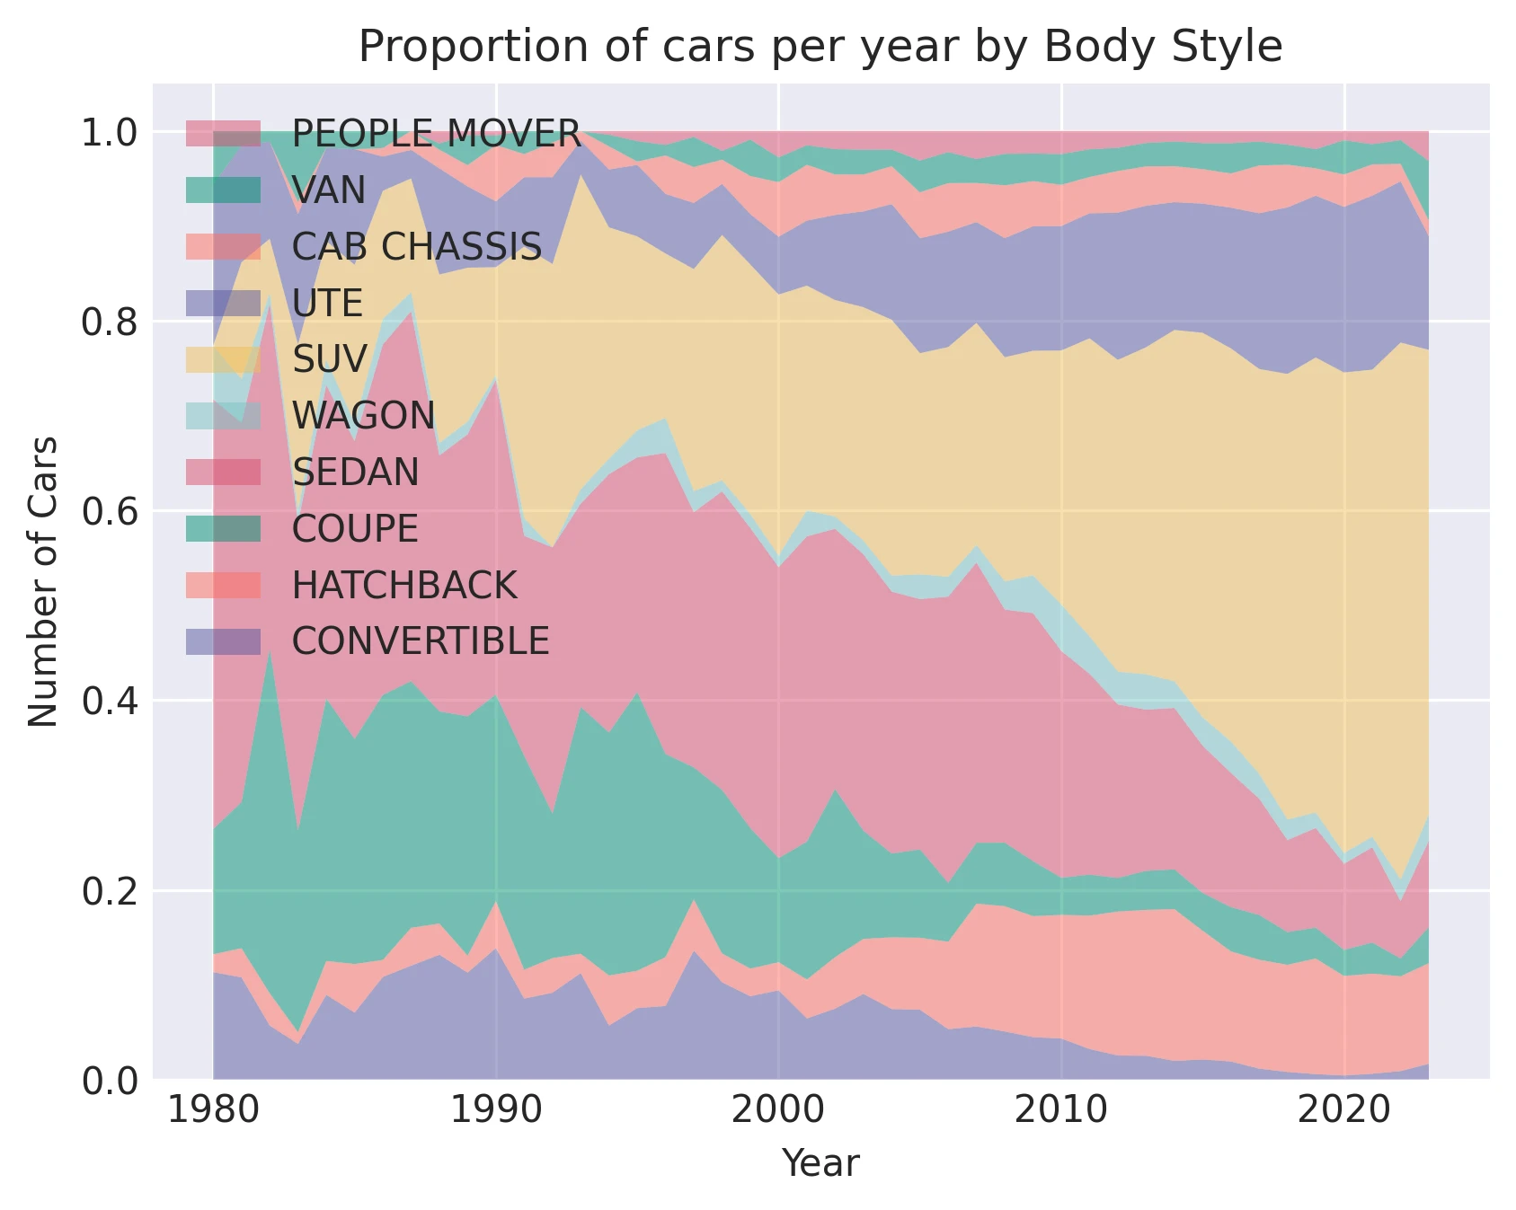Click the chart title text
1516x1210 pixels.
pyautogui.click(x=820, y=47)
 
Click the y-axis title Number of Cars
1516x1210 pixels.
pyautogui.click(x=43, y=581)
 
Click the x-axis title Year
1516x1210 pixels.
pyautogui.click(x=820, y=1163)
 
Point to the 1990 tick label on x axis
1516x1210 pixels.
pyautogui.click(x=495, y=1111)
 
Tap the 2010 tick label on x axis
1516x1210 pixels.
pyautogui.click(x=1060, y=1111)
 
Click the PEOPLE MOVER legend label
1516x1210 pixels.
pyautogui.click(x=437, y=134)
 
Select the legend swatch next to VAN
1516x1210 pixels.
pyautogui.click(x=224, y=190)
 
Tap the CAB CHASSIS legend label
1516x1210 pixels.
pyautogui.click(x=417, y=247)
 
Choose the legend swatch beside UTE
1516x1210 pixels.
pyautogui.click(x=224, y=303)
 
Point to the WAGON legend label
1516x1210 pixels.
pyautogui.click(x=364, y=416)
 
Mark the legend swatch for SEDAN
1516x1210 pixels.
pyautogui.click(x=224, y=472)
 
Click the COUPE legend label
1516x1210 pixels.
pyautogui.click(x=355, y=529)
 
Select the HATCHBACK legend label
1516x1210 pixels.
pyautogui.click(x=404, y=586)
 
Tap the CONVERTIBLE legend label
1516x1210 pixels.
pyautogui.click(x=421, y=641)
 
